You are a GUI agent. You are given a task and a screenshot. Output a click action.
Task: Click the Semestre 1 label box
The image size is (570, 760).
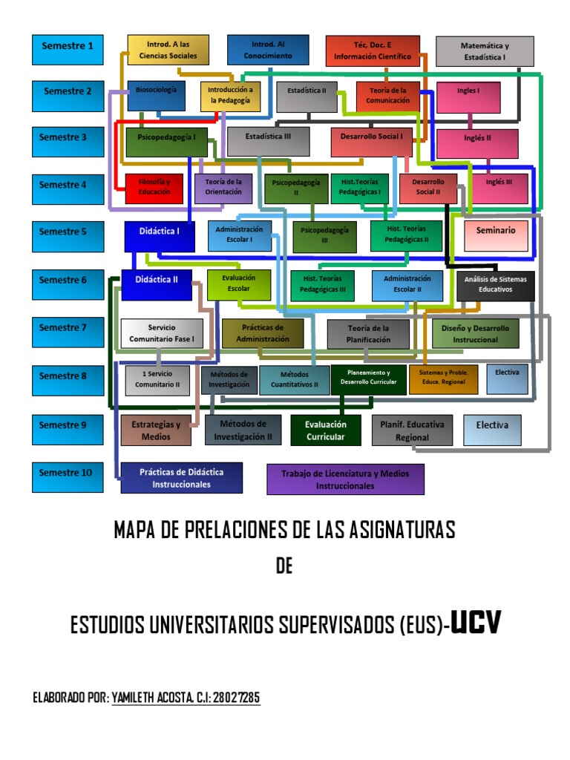coord(68,47)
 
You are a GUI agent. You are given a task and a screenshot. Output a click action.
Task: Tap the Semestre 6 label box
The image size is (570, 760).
coord(68,281)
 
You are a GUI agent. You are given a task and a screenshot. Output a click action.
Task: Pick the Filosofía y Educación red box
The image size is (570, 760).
coord(154,188)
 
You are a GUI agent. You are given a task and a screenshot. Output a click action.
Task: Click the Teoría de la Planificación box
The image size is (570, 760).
coord(368,333)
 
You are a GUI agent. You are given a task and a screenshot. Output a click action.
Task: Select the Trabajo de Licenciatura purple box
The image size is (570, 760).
coord(345,479)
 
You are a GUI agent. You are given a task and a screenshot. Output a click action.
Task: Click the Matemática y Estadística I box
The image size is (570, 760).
coord(485,51)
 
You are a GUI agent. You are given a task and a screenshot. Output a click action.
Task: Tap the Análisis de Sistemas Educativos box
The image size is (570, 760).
coord(495,285)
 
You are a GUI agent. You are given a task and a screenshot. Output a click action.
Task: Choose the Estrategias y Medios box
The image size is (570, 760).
coord(155,431)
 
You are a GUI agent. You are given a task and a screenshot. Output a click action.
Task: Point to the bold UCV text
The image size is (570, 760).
coord(476,625)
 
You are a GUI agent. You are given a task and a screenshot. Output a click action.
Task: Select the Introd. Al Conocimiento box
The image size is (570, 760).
coord(268,50)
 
